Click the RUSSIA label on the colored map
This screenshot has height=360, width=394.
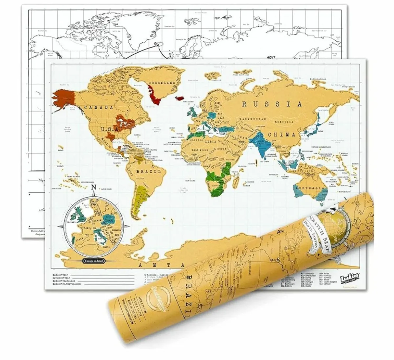pos(272,104)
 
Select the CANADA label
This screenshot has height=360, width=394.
pos(99,108)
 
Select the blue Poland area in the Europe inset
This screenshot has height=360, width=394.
pos(108,219)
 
